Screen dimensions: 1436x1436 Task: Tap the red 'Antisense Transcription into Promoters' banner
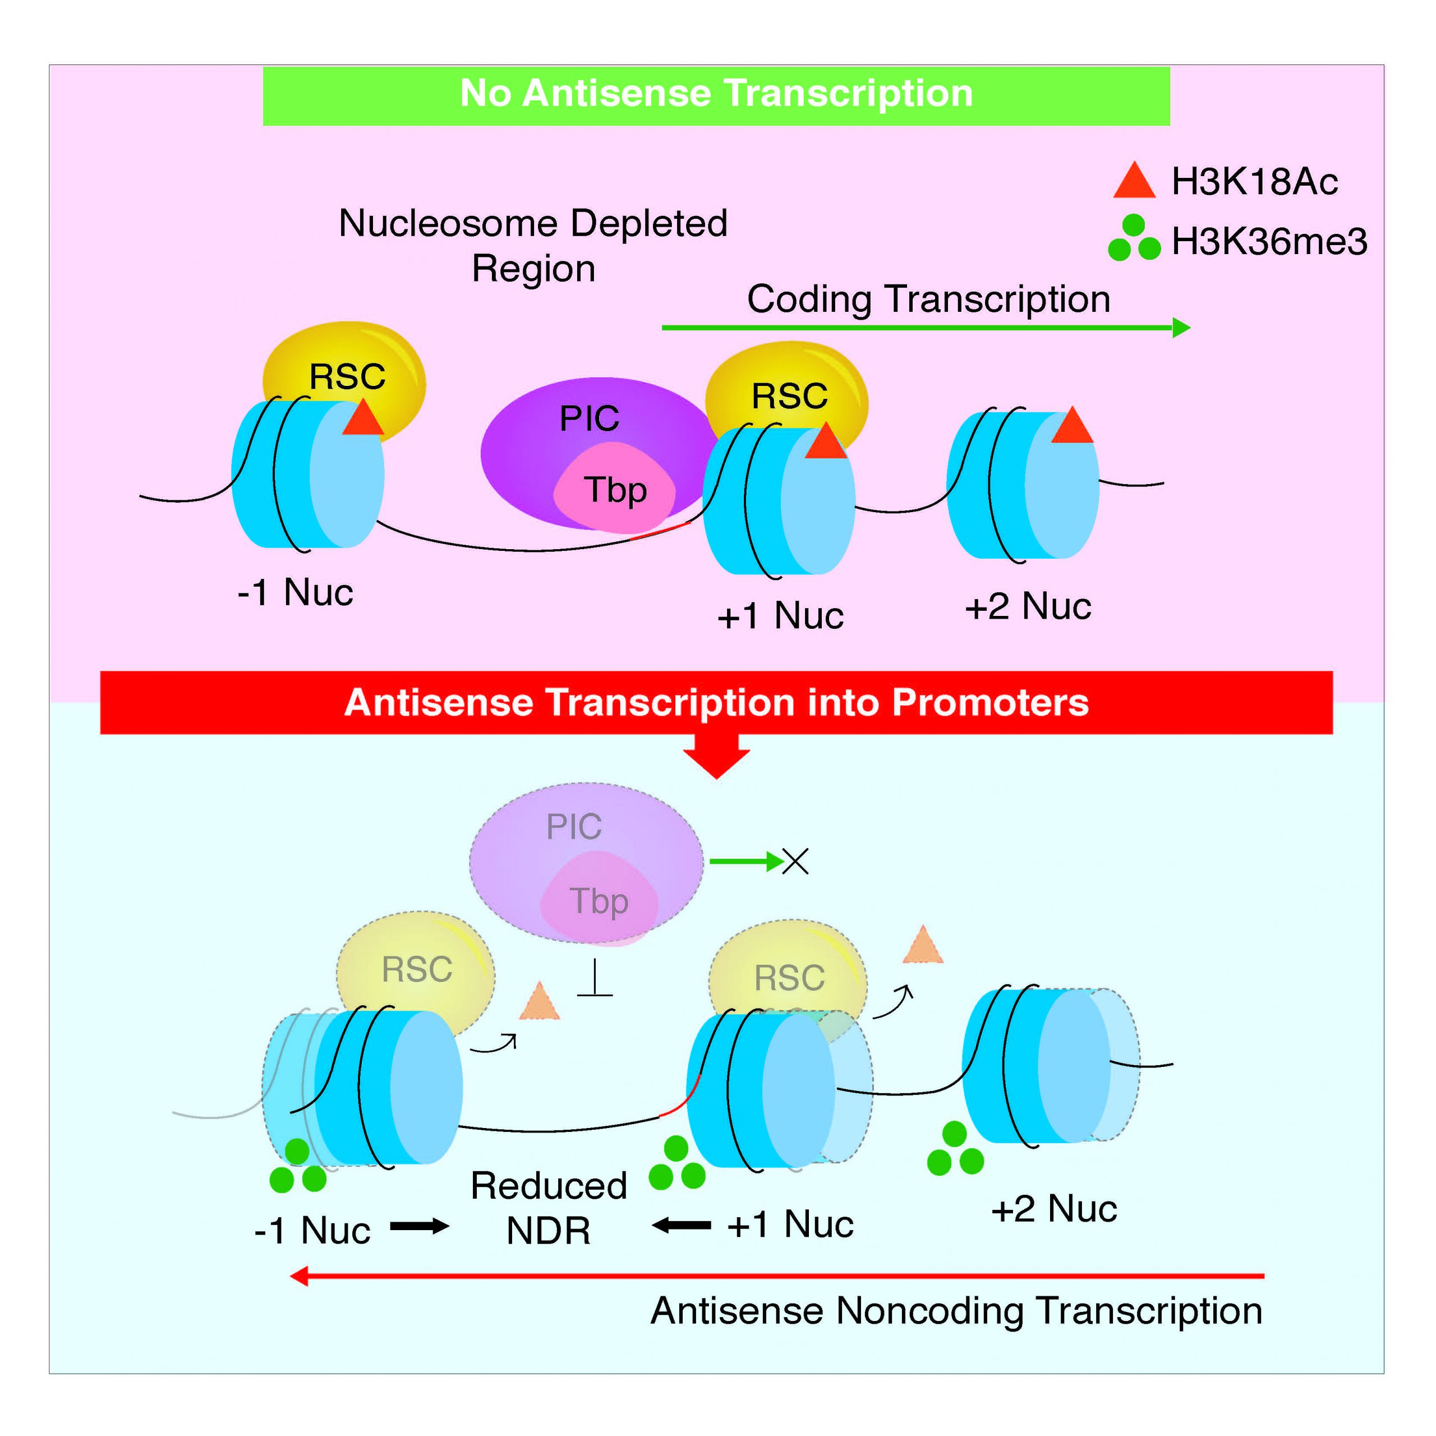coord(716,702)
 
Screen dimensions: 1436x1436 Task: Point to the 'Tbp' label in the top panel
coord(615,490)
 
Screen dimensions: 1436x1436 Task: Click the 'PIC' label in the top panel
coord(588,418)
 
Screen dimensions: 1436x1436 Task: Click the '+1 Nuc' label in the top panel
coord(780,616)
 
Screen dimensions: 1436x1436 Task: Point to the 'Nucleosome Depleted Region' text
coord(533,245)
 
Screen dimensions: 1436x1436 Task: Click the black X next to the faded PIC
coord(795,862)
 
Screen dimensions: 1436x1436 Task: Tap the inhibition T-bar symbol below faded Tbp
coord(595,979)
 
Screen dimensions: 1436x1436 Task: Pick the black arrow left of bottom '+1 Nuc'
coord(682,1226)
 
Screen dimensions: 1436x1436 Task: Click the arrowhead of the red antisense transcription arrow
coord(300,1276)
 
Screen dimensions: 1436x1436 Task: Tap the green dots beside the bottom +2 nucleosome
coord(955,1149)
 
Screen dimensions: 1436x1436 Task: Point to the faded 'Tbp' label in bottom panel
coord(599,901)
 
